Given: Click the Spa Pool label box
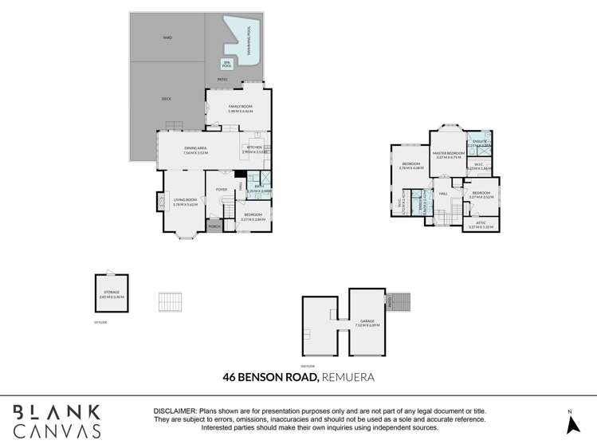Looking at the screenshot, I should click(226, 65).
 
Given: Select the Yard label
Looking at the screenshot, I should click(167, 37).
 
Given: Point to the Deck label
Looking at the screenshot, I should click(167, 99).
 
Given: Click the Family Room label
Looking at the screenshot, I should click(240, 108).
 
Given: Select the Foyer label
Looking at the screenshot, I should click(222, 189).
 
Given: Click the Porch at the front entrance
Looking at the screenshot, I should click(214, 227).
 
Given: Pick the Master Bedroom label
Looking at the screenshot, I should click(449, 154).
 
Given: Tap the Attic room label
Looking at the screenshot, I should click(481, 224).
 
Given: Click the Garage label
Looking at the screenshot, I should click(367, 323).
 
